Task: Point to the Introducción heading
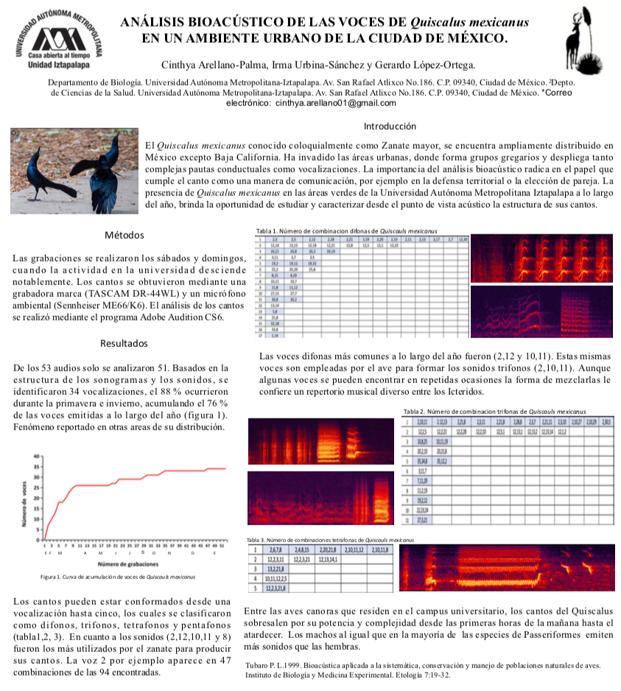390,126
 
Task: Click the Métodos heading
124,236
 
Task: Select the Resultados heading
124,343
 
